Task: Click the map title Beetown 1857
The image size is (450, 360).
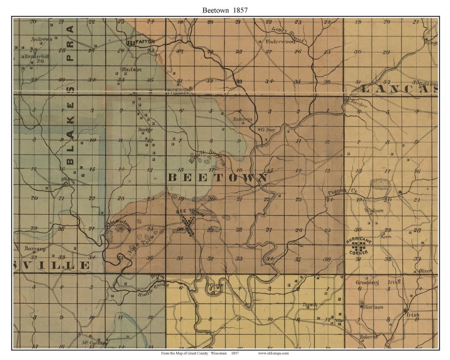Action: point(225,10)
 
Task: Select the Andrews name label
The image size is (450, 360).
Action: point(42,39)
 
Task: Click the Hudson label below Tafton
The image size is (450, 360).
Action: point(131,70)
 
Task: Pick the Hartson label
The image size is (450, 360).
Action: point(373,307)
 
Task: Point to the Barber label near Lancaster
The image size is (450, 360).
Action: point(358,105)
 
